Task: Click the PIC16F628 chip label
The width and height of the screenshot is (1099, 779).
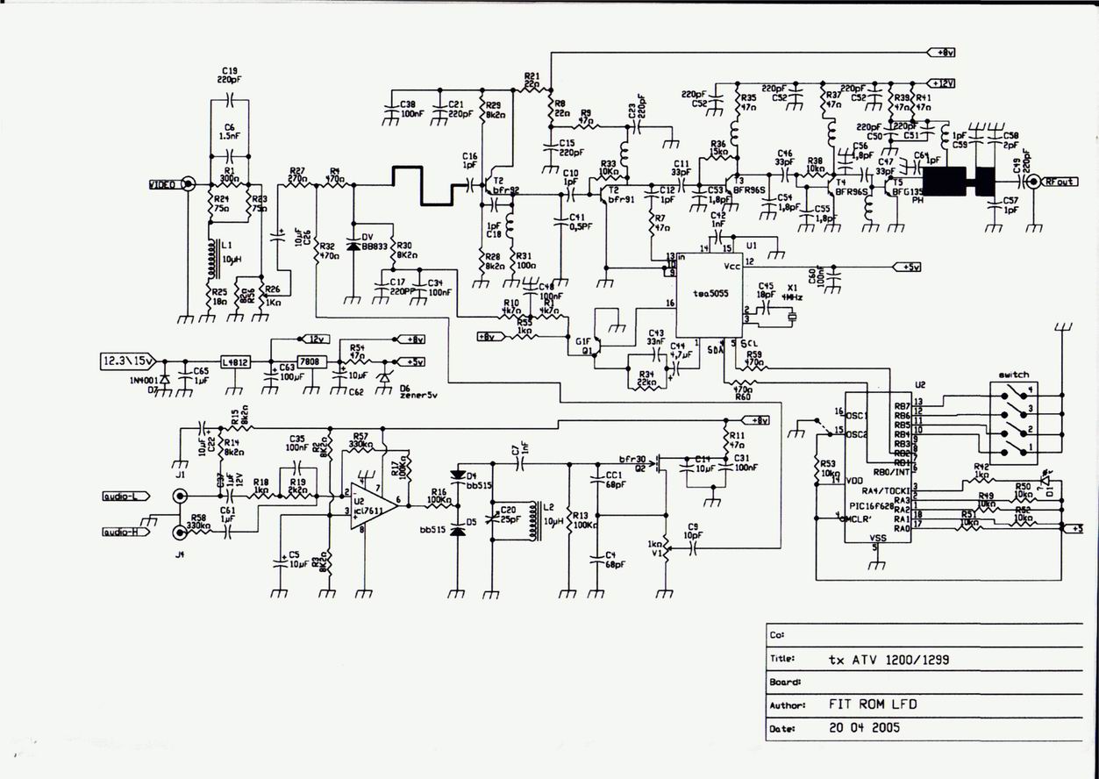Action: coord(876,507)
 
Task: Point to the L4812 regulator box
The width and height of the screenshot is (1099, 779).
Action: coord(234,361)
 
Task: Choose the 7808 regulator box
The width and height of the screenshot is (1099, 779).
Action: coord(309,361)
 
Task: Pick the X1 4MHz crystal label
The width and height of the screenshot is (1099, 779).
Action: coord(793,292)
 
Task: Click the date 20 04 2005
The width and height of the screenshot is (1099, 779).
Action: coord(864,727)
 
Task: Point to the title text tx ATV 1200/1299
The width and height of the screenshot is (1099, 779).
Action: coord(889,659)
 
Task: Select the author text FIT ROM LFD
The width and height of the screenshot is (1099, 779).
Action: coord(874,704)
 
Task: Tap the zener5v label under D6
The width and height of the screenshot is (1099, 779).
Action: coord(417,395)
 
